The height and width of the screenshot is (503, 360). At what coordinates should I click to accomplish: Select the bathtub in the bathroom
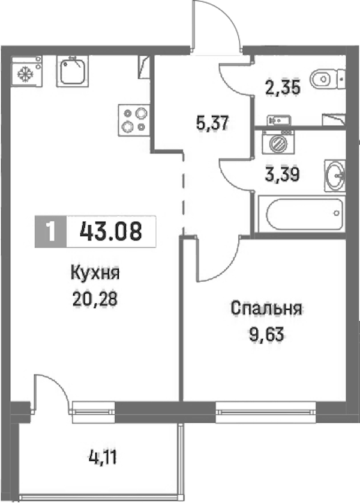point(302,214)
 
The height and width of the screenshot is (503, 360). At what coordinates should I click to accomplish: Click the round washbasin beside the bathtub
point(335,176)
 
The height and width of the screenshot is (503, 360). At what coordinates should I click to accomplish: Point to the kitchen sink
point(71,71)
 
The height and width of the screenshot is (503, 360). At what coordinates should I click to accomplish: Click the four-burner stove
point(134,120)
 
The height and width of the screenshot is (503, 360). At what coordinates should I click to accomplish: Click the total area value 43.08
point(111,231)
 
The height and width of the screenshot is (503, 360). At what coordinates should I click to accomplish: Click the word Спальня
point(266,309)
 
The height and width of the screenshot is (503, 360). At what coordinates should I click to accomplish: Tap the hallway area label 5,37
point(212,122)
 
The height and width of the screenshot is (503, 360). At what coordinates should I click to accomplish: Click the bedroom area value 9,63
point(266,335)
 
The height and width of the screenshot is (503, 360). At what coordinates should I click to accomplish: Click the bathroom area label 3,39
point(283,175)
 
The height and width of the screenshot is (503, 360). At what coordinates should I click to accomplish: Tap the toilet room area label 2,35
point(283,88)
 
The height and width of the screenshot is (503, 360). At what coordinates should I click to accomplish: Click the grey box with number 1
point(51,231)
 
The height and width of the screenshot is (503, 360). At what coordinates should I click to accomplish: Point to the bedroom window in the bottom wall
point(266,412)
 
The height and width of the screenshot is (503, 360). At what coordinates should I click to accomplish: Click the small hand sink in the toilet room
point(279,121)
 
